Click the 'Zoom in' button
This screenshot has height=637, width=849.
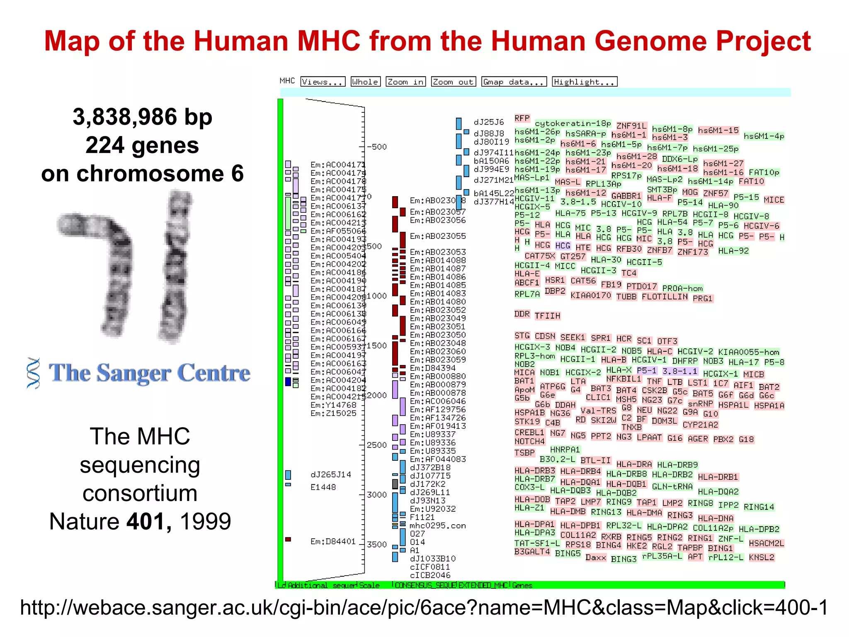click(405, 82)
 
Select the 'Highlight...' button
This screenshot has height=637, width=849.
click(585, 82)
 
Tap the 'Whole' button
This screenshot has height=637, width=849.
click(365, 82)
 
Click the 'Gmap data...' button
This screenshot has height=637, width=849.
click(514, 82)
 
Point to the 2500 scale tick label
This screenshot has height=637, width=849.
click(376, 445)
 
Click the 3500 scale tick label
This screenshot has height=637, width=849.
click(376, 545)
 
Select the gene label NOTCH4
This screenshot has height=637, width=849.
click(529, 441)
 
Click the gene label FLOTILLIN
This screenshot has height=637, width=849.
click(665, 297)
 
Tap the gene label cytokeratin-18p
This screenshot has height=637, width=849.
click(572, 124)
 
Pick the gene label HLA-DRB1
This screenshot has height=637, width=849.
click(718, 477)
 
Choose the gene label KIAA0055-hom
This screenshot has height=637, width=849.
click(748, 352)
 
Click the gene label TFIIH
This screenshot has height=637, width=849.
click(547, 316)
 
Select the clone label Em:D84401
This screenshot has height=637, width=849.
click(333, 541)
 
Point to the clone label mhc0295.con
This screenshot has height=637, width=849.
click(437, 526)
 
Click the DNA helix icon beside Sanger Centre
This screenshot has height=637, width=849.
click(34, 373)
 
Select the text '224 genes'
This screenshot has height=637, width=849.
click(142, 145)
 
